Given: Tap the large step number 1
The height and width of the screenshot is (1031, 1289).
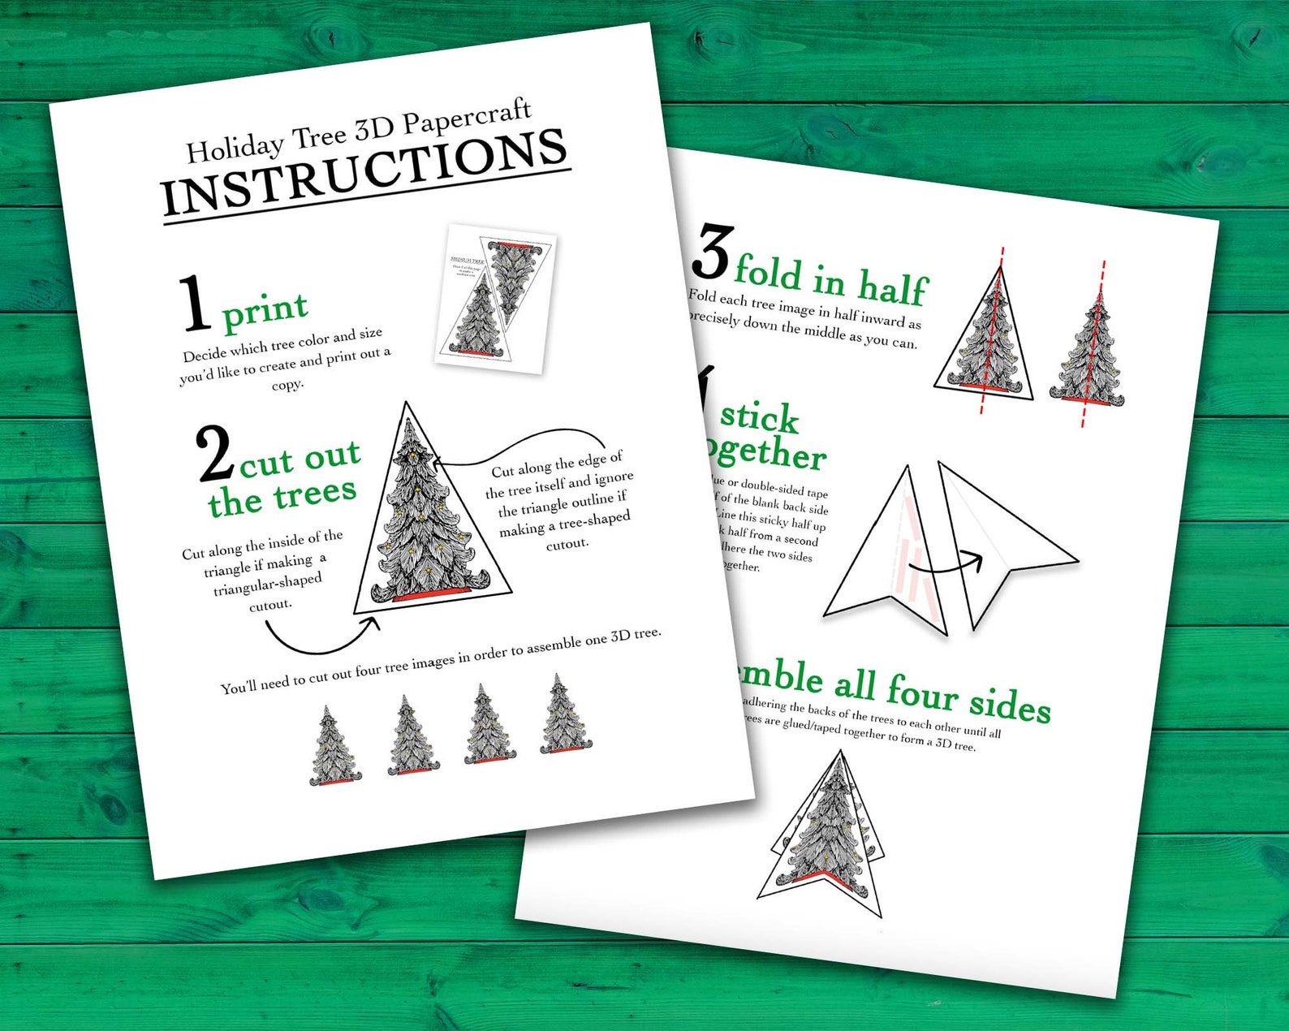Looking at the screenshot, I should [195, 304].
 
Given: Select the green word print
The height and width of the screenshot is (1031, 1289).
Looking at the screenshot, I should [265, 311].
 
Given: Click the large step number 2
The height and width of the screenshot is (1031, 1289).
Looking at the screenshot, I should [215, 455].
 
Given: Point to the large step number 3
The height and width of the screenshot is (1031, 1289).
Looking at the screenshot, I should [713, 252].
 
